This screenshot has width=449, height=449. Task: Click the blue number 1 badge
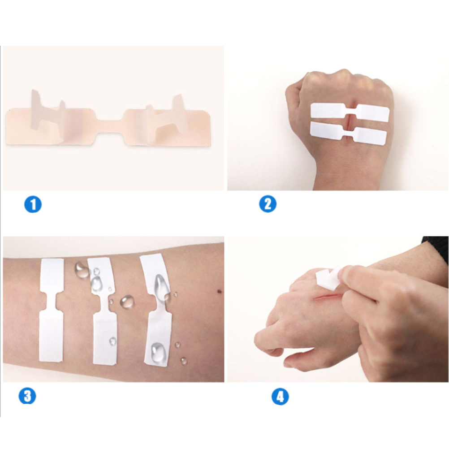[33, 204]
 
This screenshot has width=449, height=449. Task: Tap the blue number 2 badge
[268, 204]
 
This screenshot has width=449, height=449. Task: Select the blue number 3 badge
[27, 396]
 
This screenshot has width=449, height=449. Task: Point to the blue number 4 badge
[280, 397]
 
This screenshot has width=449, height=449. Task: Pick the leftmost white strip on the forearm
[51, 310]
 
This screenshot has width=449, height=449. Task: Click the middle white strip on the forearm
[104, 311]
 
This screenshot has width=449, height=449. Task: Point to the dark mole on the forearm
[220, 292]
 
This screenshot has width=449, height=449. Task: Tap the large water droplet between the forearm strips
[127, 302]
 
